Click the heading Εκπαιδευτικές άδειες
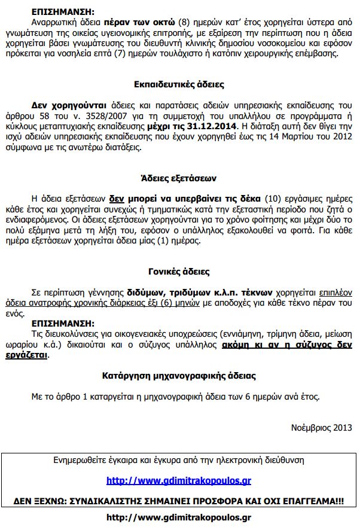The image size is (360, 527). (x=179, y=85)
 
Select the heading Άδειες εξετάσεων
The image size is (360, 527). (x=179, y=178)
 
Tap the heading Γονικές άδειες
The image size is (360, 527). (x=179, y=272)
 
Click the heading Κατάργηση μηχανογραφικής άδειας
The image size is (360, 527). (x=179, y=376)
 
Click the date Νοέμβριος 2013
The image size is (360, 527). (x=322, y=428)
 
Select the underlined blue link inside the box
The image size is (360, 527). (x=179, y=480)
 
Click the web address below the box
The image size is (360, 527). (x=179, y=517)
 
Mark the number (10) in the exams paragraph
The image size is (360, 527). (x=272, y=199)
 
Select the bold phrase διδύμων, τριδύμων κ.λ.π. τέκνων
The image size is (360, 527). (x=199, y=293)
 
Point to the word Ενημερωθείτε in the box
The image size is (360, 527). (x=79, y=461)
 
